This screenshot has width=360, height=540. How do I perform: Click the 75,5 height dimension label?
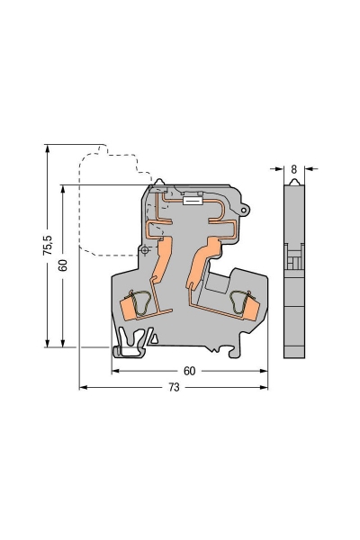(48, 247)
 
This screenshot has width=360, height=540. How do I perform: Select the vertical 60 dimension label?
(62, 265)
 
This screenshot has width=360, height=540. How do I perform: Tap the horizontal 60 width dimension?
(189, 370)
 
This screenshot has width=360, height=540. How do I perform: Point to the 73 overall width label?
(174, 387)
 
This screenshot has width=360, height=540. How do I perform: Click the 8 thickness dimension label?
(293, 168)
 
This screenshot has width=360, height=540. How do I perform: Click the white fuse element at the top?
(192, 202)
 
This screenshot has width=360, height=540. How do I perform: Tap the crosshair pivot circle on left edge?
(143, 251)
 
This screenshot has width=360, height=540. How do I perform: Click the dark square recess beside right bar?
(216, 285)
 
